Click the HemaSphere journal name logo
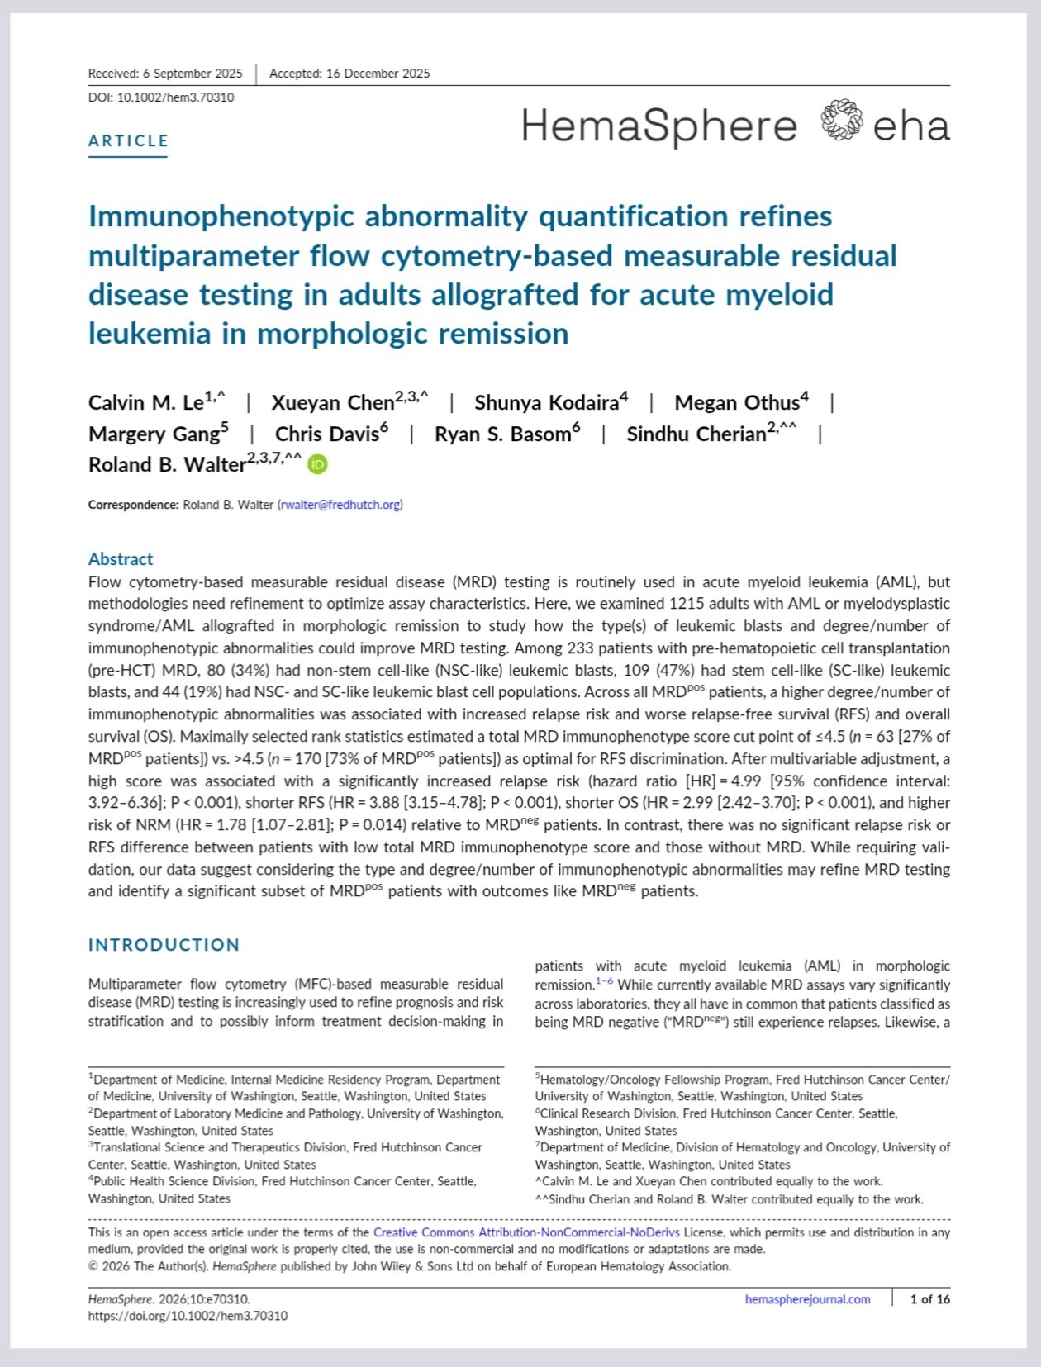pyautogui.click(x=658, y=126)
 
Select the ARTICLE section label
pyautogui.click(x=128, y=140)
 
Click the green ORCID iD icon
pyautogui.click(x=317, y=464)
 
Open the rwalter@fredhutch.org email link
pyautogui.click(x=340, y=505)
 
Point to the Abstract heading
pyautogui.click(x=121, y=558)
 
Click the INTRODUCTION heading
pyautogui.click(x=164, y=944)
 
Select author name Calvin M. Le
pyautogui.click(x=146, y=403)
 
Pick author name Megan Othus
pyautogui.click(x=736, y=403)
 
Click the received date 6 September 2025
pyautogui.click(x=165, y=74)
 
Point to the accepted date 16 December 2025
pyautogui.click(x=349, y=74)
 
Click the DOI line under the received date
pyautogui.click(x=161, y=97)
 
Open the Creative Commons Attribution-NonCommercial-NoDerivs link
pyautogui.click(x=526, y=1232)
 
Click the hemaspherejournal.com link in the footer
pyautogui.click(x=807, y=1299)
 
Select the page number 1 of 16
pyautogui.click(x=929, y=1299)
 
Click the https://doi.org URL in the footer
pyautogui.click(x=188, y=1316)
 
